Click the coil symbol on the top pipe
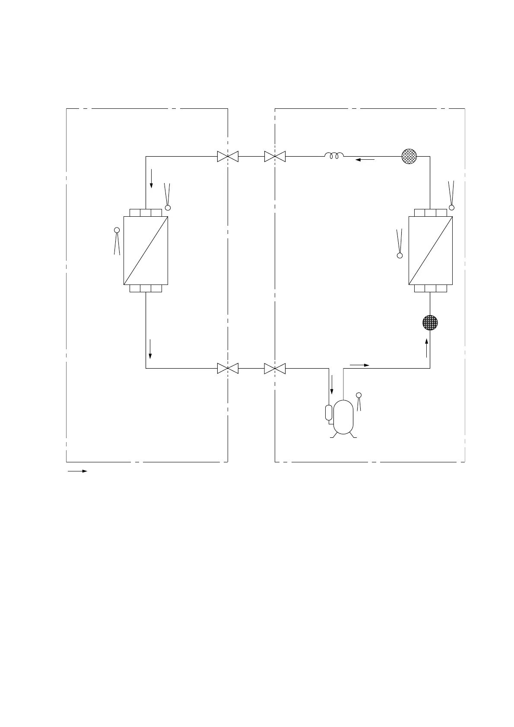point(334,155)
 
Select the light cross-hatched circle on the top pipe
point(409,156)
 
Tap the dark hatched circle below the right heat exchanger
point(430,322)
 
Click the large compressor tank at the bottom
point(343,417)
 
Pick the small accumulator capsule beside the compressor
point(329,413)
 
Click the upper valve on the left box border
point(228,156)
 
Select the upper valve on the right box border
point(275,156)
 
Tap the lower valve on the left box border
point(228,368)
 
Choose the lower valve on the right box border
point(275,368)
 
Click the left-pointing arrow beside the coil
point(365,160)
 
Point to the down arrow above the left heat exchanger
point(151,179)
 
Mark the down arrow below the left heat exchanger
point(150,349)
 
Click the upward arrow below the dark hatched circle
point(427,348)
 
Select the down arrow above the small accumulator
point(332,385)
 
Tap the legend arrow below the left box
point(77,471)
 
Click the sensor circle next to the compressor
point(358,395)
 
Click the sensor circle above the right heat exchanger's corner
point(452,208)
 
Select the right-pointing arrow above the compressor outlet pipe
point(359,365)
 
